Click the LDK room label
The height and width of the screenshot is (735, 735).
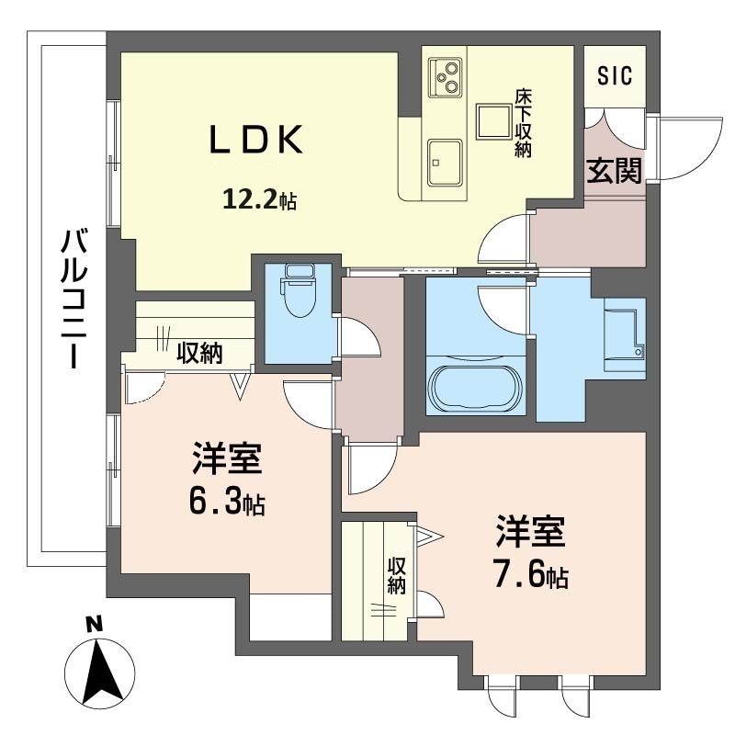coord(255,141)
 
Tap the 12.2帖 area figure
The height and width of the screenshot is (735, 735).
coord(259,199)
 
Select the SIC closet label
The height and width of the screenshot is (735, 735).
coord(615,75)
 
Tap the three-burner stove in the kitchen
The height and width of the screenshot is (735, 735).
coord(445,77)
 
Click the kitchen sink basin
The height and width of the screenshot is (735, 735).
coord(445,163)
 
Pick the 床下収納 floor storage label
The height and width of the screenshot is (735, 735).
coord(523,123)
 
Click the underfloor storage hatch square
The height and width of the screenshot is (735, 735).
coord(493,121)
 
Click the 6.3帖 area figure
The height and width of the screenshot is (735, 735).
coord(227,503)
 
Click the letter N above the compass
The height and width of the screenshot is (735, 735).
coord(95,624)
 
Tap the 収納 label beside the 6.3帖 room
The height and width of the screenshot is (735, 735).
coord(199,353)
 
